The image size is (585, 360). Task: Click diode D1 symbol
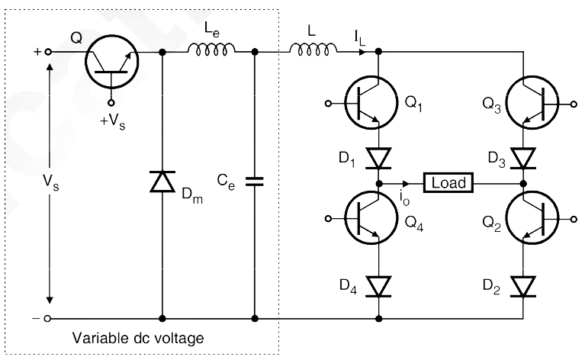pos(379,158)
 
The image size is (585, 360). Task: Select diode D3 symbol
pos(524,158)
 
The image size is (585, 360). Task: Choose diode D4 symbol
pos(379,286)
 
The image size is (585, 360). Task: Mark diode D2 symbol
pos(524,286)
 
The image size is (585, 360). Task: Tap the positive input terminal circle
pos(49,53)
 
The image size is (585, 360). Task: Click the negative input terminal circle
pos(49,319)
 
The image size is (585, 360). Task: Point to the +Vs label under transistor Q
pos(114,121)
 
